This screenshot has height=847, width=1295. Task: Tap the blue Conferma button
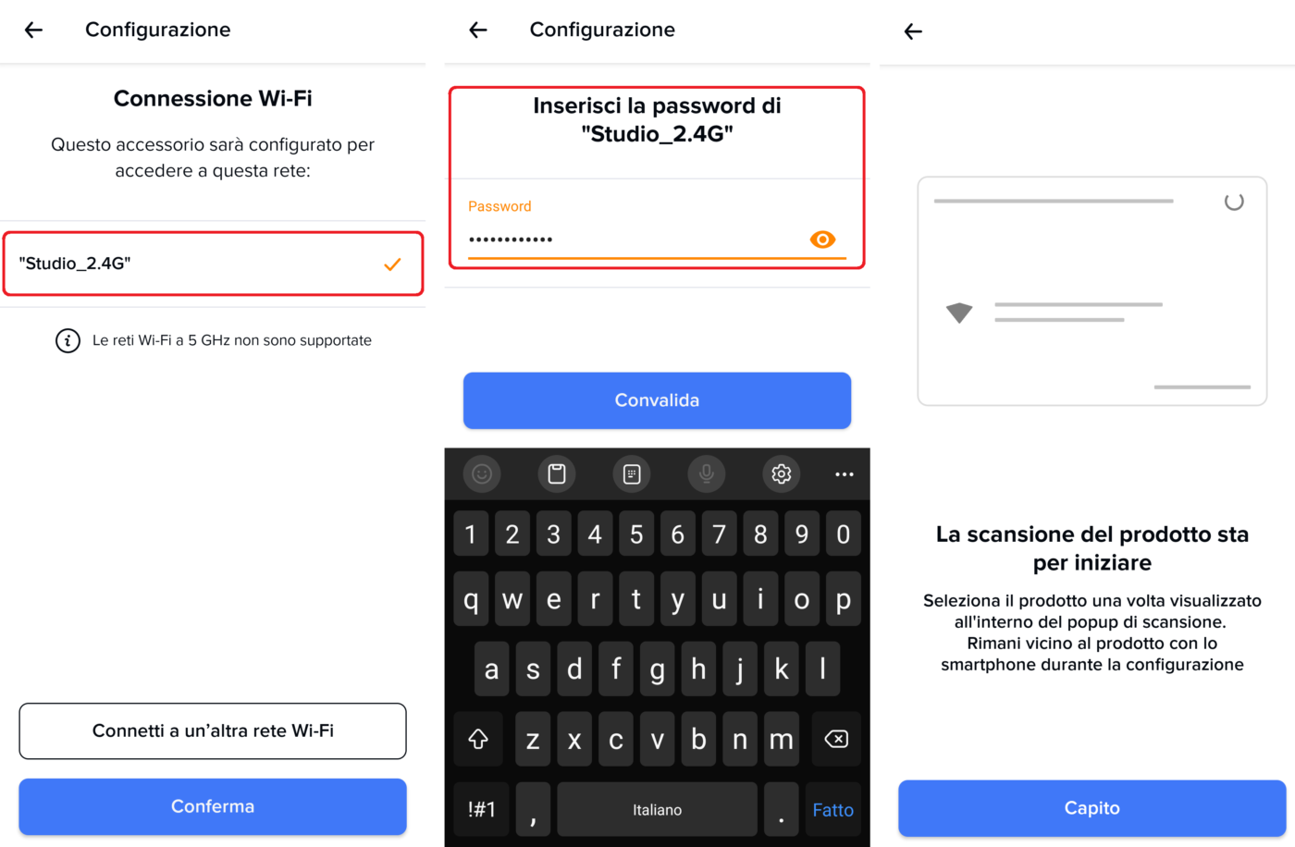point(213,806)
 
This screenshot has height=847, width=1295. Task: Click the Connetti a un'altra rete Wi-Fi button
point(213,730)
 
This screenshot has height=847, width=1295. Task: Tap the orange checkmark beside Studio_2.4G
point(392,264)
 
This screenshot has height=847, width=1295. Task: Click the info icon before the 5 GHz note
point(68,341)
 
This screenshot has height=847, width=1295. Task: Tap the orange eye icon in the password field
point(822,239)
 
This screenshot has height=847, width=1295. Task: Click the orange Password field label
point(499,206)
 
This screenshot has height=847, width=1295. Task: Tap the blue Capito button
point(1092,808)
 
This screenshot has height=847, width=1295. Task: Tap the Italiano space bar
point(657,809)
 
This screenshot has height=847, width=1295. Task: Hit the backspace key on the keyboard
point(836,739)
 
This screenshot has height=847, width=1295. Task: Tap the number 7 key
point(720,534)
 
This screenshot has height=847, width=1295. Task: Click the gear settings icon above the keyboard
point(781,474)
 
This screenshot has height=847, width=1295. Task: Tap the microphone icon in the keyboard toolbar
point(707,474)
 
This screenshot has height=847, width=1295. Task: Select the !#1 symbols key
point(482,809)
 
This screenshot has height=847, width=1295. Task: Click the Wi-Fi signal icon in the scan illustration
point(959,313)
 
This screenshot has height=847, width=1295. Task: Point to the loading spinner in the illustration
point(1234,202)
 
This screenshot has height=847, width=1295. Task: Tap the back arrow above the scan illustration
point(913,31)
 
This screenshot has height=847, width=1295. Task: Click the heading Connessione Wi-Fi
point(213,98)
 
